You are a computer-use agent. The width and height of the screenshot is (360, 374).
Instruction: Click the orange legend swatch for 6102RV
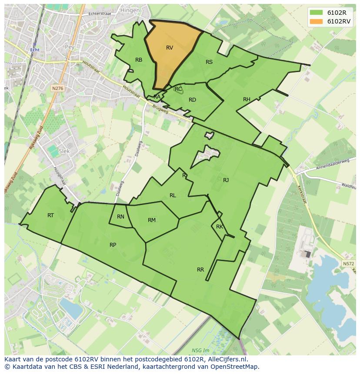(x=317, y=21)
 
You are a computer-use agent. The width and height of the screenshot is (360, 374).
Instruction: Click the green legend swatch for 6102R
(x=317, y=13)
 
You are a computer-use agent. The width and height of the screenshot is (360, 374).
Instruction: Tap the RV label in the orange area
(x=170, y=48)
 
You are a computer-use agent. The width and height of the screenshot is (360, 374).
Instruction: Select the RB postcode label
(x=139, y=60)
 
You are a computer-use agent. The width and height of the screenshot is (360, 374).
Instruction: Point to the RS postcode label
(x=209, y=62)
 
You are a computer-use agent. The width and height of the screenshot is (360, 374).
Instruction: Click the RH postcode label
(x=247, y=99)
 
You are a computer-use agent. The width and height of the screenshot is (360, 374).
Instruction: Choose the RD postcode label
(x=192, y=100)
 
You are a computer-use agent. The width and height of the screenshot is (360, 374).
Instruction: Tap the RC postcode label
(x=178, y=89)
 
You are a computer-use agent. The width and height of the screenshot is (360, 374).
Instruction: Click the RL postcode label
(x=173, y=195)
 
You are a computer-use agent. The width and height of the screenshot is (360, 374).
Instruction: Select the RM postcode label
(x=151, y=220)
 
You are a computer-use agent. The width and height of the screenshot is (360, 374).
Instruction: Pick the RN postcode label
(x=120, y=217)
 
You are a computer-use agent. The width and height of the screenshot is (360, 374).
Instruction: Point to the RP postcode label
(x=113, y=245)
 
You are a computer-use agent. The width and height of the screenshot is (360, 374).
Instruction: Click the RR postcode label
(x=200, y=270)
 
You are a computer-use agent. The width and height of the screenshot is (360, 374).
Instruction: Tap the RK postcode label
(x=220, y=227)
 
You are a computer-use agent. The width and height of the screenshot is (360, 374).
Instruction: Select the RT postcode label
(x=50, y=215)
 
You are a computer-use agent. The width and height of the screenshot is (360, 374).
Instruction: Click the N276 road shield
(x=57, y=88)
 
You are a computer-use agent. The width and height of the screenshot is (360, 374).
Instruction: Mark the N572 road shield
(x=348, y=264)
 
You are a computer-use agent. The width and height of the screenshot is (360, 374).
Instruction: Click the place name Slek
(x=64, y=151)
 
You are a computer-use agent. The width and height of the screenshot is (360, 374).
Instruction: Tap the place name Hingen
(x=130, y=10)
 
